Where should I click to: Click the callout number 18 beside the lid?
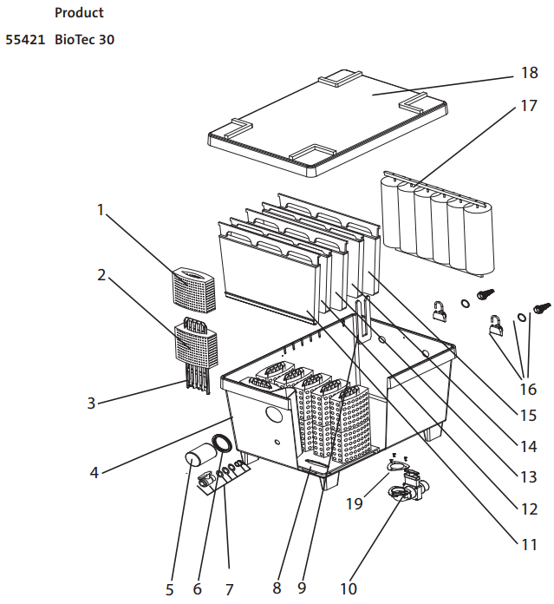[530, 72]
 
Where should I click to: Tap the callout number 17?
[529, 106]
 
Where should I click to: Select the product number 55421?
[25, 40]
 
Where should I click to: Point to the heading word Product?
[79, 13]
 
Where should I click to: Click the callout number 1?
[101, 210]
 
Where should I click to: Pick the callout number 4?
[95, 472]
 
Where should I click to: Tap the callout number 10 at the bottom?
[349, 588]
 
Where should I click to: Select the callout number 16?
[528, 389]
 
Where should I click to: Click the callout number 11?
[529, 545]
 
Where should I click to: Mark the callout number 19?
[355, 503]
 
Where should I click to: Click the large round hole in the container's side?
[273, 415]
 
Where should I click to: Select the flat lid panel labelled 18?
[328, 123]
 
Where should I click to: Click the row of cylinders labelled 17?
[438, 224]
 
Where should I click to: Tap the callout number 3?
[91, 403]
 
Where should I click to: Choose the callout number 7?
[229, 589]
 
